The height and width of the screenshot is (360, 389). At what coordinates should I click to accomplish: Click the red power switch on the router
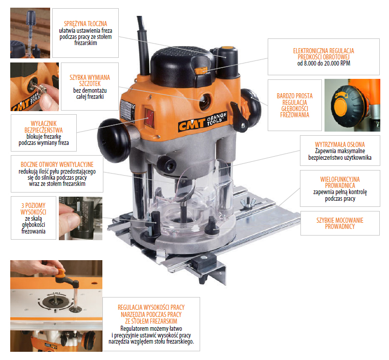[x=149, y=118]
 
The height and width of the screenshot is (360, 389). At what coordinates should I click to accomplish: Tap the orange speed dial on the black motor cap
[x=201, y=71]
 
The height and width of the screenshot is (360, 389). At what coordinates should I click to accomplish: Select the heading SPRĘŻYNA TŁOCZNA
[x=85, y=24]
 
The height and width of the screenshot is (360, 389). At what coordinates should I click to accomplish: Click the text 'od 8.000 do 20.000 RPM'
[x=324, y=63]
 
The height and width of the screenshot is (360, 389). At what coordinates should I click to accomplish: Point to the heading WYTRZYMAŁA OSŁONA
[x=340, y=144]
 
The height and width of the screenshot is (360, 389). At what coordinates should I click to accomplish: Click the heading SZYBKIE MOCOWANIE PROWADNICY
[x=340, y=223]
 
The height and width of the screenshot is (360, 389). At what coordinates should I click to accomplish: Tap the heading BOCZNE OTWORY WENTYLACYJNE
[x=57, y=164]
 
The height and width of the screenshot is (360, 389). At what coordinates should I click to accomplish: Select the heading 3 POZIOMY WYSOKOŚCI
[x=33, y=209]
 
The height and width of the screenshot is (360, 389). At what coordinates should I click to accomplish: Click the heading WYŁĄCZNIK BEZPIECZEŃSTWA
[x=44, y=126]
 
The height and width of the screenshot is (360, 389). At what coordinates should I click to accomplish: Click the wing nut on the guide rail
[x=246, y=202]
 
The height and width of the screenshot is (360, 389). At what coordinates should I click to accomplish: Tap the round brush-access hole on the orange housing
[x=205, y=101]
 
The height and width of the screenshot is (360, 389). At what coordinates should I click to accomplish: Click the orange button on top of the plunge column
[x=228, y=48]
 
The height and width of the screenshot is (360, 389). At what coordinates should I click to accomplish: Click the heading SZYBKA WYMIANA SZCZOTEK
[x=90, y=80]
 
